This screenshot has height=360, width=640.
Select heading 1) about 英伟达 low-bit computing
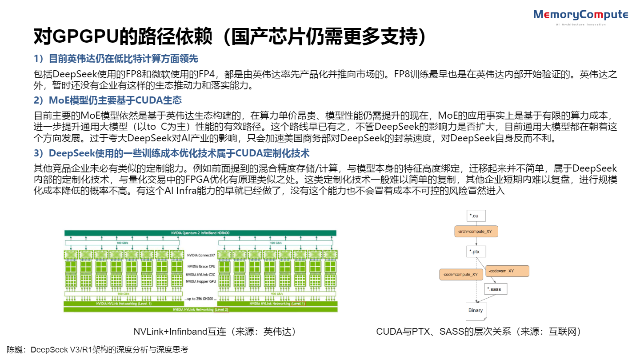coord(116,59)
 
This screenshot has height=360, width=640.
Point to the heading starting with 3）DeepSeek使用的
coord(172,153)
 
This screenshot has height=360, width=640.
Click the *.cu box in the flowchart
coord(476,216)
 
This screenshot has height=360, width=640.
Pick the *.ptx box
coord(476,252)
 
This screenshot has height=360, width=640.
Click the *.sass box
coord(496,289)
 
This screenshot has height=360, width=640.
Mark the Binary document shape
coord(476,310)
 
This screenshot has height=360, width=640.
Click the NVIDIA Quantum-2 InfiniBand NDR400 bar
coord(200,233)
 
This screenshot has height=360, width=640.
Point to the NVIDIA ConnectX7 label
coord(201,255)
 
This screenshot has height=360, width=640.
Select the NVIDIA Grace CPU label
coord(201,266)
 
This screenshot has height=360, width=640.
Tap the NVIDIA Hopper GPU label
coord(201,281)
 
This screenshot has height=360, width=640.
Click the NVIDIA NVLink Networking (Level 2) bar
coord(200,309)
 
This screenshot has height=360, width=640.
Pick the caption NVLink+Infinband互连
coord(215,332)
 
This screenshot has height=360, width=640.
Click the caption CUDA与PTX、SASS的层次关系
coord(479,332)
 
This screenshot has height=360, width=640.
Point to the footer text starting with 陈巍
coord(97,350)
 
